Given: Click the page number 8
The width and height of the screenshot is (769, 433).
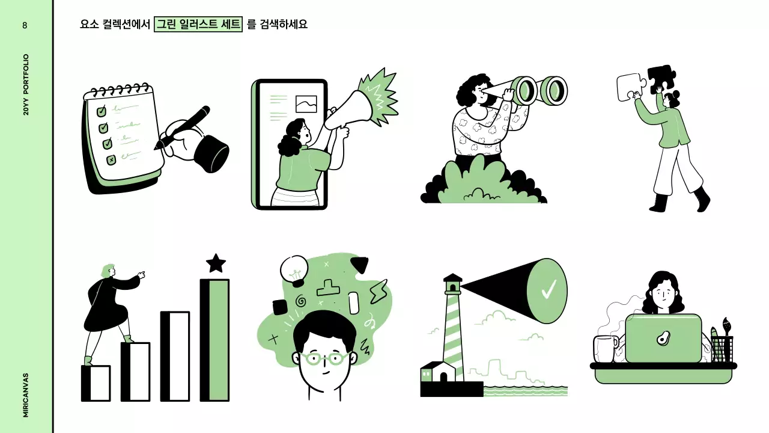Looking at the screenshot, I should pos(25,25).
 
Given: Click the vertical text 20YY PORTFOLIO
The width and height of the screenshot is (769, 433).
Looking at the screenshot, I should pos(26,85).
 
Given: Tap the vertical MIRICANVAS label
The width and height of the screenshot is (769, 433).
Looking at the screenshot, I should pos(26,395).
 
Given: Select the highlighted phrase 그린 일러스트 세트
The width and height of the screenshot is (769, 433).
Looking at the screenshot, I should pos(198,25).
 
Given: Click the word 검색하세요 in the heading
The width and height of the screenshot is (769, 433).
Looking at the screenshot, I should pos(284,25).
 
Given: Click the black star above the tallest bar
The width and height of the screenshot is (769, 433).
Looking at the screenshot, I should pos(216,263).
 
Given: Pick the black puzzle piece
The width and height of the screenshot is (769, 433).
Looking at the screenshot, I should pos(661,78).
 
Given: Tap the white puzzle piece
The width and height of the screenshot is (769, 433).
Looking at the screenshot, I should pos(630,88).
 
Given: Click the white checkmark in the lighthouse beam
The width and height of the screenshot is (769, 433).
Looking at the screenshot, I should pos(549,290).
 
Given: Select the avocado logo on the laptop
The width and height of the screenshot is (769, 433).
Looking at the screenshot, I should pos(663,339).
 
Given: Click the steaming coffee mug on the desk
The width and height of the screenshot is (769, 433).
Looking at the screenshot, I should pos(605,349).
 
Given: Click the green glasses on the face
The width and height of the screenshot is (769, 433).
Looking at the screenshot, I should pos(324,359).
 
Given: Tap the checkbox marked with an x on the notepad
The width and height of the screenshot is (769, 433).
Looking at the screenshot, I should pos(111,160).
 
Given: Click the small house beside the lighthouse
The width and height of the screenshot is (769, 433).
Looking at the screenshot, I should pos(438,372).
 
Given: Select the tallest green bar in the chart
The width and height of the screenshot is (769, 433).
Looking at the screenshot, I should pos(215,340).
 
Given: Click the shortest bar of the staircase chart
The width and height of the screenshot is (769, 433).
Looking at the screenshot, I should pos(96,383).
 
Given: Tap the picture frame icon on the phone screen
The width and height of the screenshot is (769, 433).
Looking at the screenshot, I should pos(306,104).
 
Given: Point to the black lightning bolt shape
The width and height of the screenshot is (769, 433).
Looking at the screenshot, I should pos(378,291).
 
